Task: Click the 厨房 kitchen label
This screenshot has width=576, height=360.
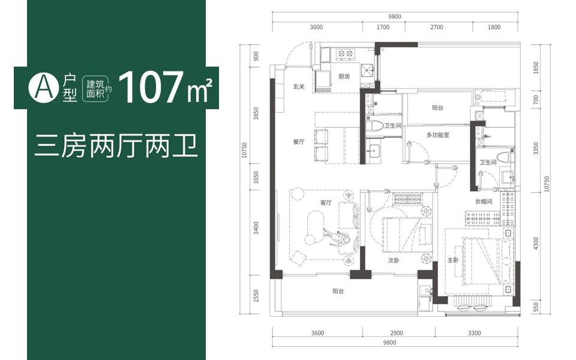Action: tap(344, 76)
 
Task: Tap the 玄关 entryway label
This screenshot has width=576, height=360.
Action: tap(299, 86)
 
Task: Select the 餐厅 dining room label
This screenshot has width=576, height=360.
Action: tap(299, 142)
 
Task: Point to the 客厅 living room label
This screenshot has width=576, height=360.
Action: tap(326, 202)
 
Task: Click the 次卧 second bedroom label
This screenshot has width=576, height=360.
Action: tap(394, 260)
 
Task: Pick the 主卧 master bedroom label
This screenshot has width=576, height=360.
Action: tap(453, 260)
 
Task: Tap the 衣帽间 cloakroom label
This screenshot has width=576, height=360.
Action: tap(484, 202)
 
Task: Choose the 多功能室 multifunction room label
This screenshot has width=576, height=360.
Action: tap(437, 135)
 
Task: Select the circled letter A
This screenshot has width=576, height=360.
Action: tap(43, 88)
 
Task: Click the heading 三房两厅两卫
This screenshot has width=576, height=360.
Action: tap(116, 146)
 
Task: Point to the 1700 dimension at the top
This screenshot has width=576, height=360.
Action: tap(383, 27)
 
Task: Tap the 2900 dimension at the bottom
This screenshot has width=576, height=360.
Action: tap(397, 333)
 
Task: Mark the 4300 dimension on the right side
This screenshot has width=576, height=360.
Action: tap(536, 244)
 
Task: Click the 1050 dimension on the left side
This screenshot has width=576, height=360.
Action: tap(256, 177)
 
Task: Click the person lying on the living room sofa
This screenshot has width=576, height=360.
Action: tap(336, 237)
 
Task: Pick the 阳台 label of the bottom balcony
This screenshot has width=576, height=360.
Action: tap(338, 291)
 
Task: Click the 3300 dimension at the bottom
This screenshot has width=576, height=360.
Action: tap(474, 333)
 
